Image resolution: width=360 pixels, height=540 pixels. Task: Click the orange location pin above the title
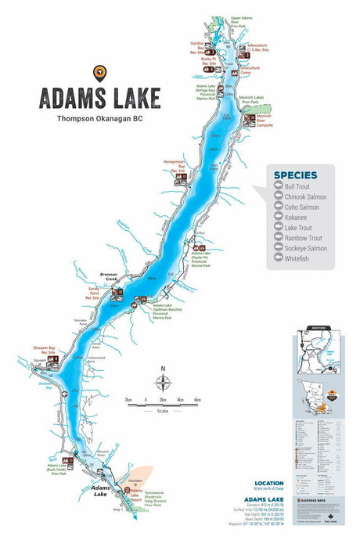click(99, 73)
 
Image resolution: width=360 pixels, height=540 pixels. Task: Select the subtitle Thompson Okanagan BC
click(99, 120)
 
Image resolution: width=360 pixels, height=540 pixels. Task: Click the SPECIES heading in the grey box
click(295, 175)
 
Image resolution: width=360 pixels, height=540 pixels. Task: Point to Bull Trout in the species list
click(297, 186)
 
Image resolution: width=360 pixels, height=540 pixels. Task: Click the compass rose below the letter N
click(162, 383)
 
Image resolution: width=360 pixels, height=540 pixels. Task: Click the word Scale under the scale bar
click(162, 409)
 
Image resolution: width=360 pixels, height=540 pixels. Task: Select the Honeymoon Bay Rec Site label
click(174, 166)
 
